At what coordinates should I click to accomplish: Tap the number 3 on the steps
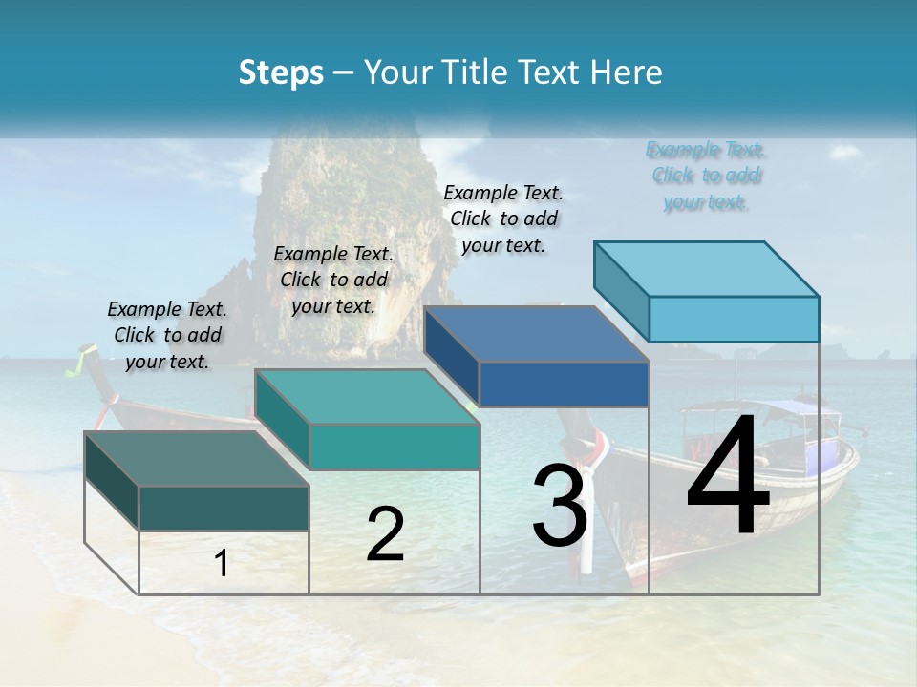click(x=560, y=506)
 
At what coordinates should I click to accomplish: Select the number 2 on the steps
click(x=385, y=534)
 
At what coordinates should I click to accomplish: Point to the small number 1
click(x=222, y=564)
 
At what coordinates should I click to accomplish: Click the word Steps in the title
click(x=281, y=73)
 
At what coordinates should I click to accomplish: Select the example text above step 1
click(x=167, y=335)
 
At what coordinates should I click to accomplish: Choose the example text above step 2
click(x=333, y=280)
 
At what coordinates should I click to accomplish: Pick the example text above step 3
click(x=503, y=219)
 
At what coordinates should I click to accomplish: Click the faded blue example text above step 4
click(x=706, y=176)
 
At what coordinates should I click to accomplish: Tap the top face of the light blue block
click(x=707, y=268)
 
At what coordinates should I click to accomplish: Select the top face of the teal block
click(x=368, y=397)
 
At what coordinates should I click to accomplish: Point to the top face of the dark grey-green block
click(x=197, y=459)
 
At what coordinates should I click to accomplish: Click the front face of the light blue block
click(x=734, y=319)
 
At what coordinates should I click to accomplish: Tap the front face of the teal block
click(x=394, y=447)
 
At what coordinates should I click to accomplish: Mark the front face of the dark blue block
click(x=564, y=384)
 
